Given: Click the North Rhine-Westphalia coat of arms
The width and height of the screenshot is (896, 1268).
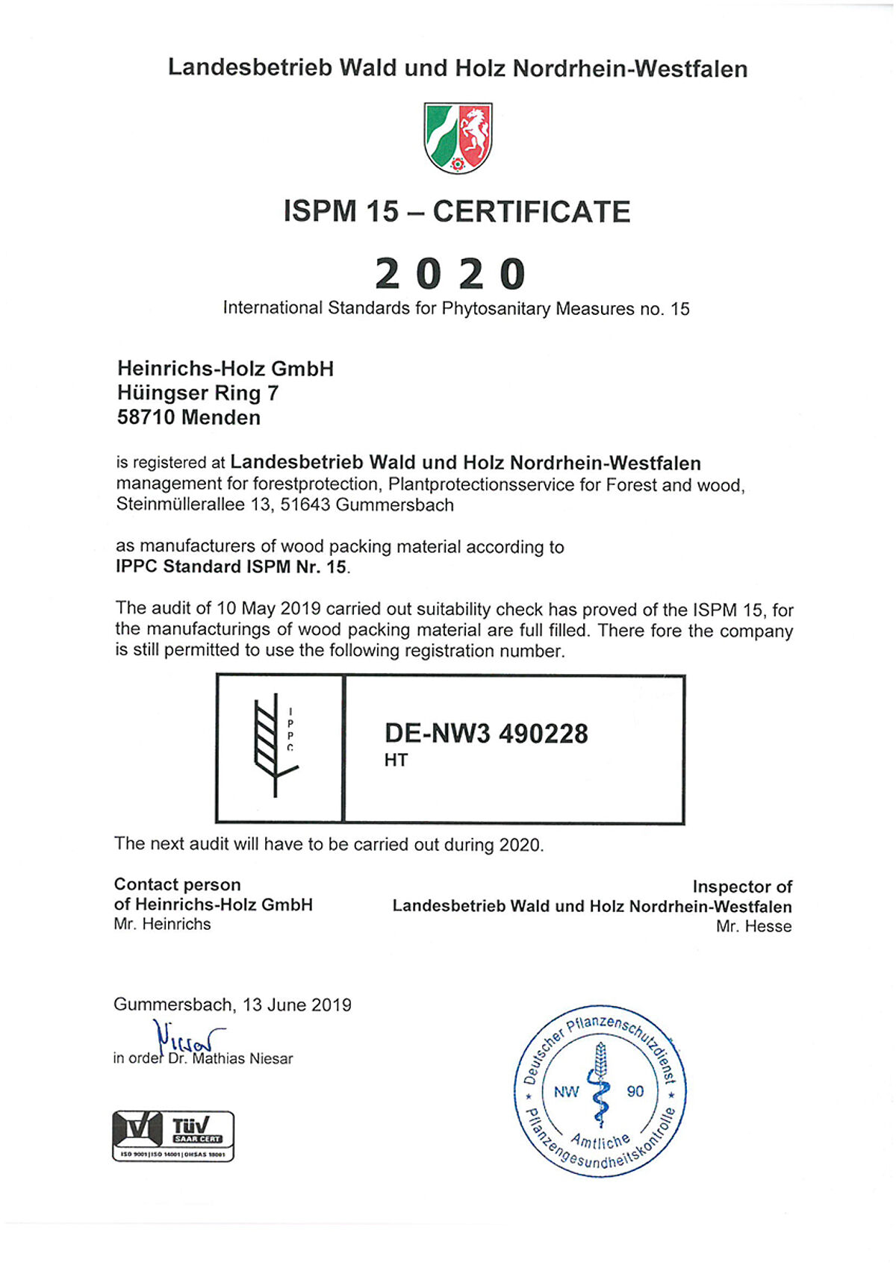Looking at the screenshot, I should tap(458, 138).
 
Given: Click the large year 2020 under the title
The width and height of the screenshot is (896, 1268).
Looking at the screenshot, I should tap(450, 274).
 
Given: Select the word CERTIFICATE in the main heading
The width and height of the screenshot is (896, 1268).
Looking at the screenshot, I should tap(532, 212).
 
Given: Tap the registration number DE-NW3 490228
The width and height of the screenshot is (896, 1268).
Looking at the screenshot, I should tap(486, 734).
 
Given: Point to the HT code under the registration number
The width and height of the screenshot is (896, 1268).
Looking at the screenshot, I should tap(396, 761).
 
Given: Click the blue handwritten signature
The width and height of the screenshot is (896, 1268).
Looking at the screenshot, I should tap(187, 1036).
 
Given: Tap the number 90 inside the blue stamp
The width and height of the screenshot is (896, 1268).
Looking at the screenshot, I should tap(635, 1092).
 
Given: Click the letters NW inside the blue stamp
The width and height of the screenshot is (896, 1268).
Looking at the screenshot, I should tap(566, 1093).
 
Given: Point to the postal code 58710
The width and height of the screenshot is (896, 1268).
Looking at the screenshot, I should tap(146, 418).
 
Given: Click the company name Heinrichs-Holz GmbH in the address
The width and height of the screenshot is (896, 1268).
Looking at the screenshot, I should tap(225, 369).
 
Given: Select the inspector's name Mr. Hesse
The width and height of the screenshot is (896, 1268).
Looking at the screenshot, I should tap(753, 927).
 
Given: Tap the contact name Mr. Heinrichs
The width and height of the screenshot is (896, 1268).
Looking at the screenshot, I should tap(163, 925).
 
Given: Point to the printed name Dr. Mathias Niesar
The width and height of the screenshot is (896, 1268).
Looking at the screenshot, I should tap(230, 1059).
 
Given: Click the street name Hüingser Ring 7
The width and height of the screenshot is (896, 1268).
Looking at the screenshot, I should tap(198, 393).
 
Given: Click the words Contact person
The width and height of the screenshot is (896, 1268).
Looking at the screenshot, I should tap(178, 885).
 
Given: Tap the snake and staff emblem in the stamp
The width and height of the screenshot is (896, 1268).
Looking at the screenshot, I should tap(600, 1086).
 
